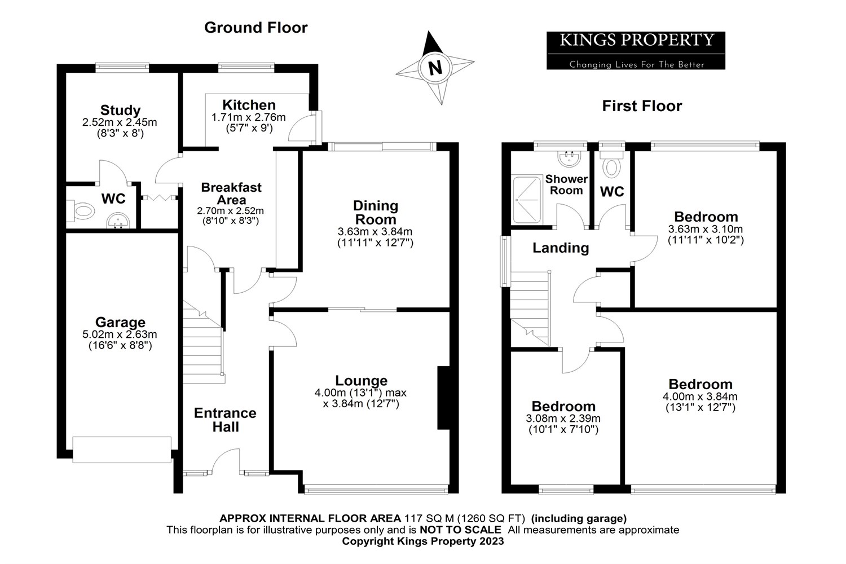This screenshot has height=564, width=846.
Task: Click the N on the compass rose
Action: tap(435, 68)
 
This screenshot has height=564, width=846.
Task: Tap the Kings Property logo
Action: tap(636, 50)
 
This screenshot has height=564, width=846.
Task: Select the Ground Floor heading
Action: tap(255, 28)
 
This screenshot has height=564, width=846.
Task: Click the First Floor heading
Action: tap(642, 106)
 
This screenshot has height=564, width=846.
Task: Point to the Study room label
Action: tap(120, 110)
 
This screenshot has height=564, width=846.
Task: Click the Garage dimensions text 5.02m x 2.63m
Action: tap(120, 334)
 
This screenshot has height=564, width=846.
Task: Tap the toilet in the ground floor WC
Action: tap(82, 211)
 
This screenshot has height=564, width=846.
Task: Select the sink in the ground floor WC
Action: tap(118, 220)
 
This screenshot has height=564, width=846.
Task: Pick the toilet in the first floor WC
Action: tap(611, 167)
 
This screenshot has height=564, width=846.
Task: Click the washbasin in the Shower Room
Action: tap(569, 157)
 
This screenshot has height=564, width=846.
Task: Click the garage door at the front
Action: tap(122, 450)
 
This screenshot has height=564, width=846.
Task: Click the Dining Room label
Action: tap(375, 213)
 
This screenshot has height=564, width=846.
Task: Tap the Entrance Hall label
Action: tap(225, 420)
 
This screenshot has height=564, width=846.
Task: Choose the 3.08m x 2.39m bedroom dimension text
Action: tap(563, 418)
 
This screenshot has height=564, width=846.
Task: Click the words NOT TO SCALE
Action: tap(460, 530)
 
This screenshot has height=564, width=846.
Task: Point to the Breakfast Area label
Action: tap(231, 193)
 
